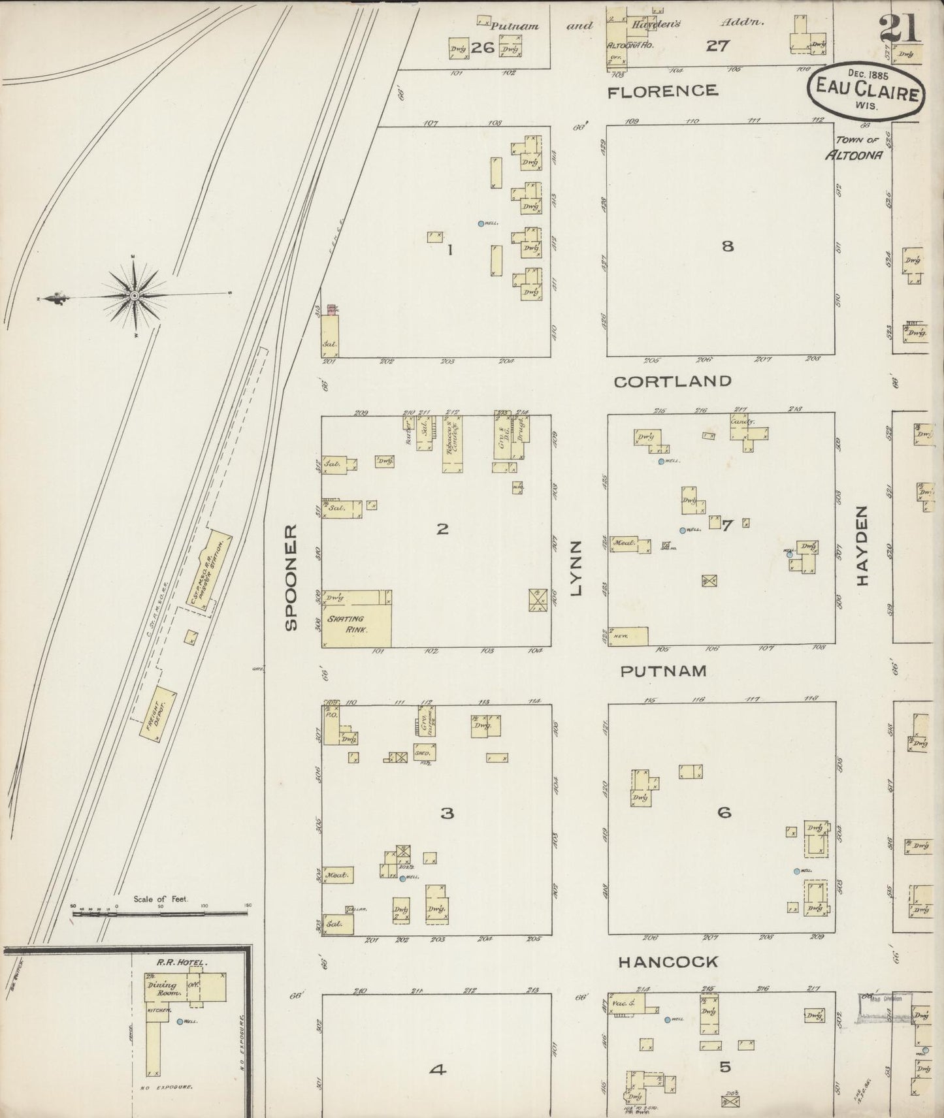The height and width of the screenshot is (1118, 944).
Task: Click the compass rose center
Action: (x=135, y=296)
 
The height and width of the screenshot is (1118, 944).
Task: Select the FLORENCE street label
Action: (x=662, y=91)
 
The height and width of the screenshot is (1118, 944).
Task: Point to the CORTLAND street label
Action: (x=672, y=381)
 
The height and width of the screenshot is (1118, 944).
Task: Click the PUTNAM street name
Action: (x=664, y=671)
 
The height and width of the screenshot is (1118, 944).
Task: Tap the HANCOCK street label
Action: (x=668, y=962)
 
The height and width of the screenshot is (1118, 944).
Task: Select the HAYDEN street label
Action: (x=862, y=546)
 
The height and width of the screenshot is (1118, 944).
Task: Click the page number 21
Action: (x=898, y=28)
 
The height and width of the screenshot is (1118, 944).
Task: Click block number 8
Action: (x=727, y=246)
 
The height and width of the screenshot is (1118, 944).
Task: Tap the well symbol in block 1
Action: (x=481, y=223)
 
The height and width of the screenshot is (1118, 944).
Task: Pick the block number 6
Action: (x=724, y=813)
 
